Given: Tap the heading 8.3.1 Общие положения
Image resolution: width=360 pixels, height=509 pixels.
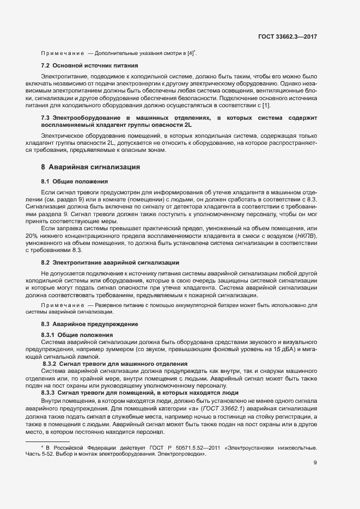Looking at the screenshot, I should (77, 334).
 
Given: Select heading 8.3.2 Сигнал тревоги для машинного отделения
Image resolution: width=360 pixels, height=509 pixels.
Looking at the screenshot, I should (115, 363).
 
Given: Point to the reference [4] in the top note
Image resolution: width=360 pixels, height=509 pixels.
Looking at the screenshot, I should (191, 53).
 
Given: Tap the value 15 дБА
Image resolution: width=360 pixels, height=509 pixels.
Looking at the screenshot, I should (284, 348).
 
